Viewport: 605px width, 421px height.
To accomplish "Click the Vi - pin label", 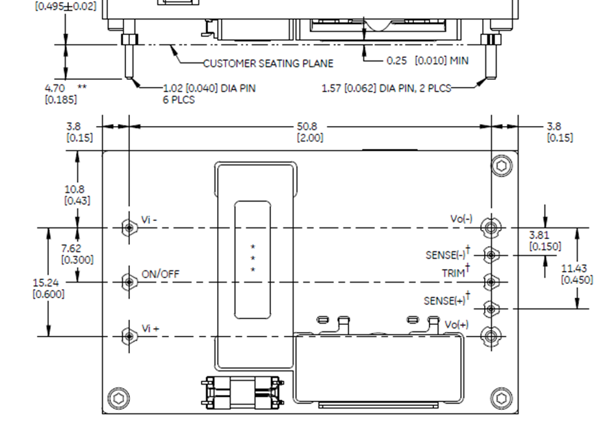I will [149, 220].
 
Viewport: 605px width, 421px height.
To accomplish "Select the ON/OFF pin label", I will [160, 274].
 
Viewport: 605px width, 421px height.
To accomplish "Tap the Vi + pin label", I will [150, 329].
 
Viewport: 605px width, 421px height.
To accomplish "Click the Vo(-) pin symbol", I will [491, 227].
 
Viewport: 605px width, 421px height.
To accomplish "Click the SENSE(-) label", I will [447, 255].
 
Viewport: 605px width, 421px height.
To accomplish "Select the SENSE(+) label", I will [446, 301].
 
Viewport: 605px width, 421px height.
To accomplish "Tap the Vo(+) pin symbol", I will [491, 336].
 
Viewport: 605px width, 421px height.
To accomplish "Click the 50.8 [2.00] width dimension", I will [310, 132].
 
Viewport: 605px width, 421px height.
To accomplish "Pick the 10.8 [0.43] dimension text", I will [77, 195].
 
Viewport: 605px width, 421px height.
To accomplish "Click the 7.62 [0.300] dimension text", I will [77, 254].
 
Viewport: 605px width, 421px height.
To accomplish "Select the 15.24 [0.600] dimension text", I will [48, 288].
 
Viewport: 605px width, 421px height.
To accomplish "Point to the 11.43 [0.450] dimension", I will [576, 274].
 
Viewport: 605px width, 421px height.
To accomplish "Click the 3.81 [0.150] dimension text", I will [545, 240].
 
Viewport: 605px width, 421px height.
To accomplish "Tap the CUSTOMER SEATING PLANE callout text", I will [268, 64].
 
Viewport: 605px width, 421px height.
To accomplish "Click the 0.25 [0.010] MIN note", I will [427, 61].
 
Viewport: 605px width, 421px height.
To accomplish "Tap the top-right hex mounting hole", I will [501, 166].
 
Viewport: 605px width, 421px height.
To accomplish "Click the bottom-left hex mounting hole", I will [119, 397].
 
